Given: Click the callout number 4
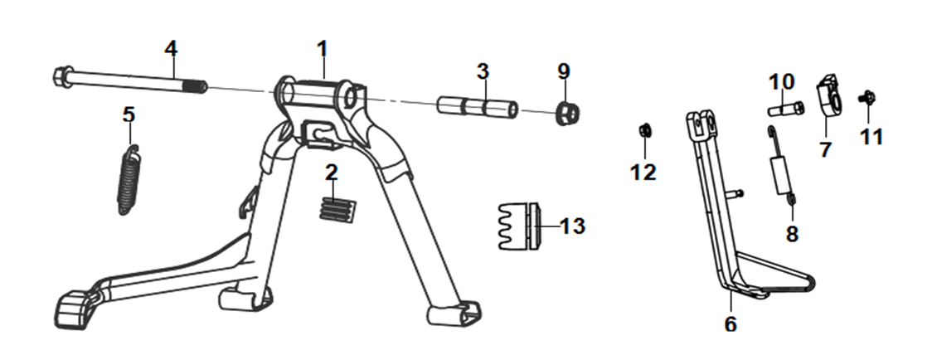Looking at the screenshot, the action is coord(171,49).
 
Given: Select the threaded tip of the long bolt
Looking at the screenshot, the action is coord(198,87).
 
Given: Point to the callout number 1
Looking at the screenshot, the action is coord(323,50).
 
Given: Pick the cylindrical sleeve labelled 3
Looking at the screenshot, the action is coord(478,106).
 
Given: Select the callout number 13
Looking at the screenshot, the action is coord(572,226).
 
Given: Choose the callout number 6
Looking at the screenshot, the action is coord(731,324).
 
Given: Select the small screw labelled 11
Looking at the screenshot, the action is coord(866,97).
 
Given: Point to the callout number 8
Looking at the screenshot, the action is coord(792,234).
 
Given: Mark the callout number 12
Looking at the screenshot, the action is coord(643,173).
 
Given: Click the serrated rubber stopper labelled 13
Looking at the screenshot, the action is coord(519,226).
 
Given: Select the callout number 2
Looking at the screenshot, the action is coord(331,173).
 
